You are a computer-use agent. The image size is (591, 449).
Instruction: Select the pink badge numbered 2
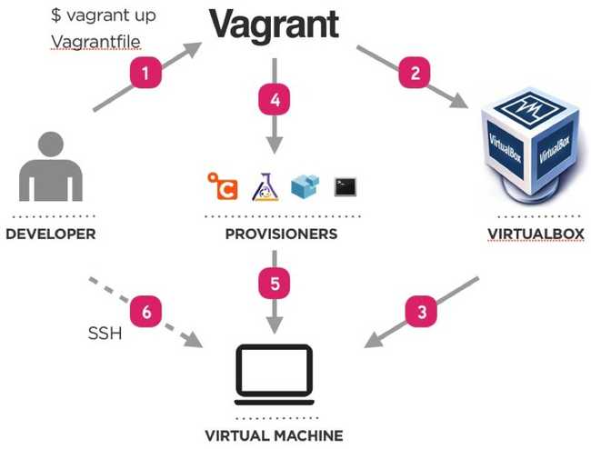click(415, 73)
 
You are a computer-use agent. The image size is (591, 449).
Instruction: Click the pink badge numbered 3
click(420, 312)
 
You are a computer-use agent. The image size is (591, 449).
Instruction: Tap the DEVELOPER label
click(51, 234)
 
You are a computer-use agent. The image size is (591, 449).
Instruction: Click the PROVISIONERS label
click(281, 234)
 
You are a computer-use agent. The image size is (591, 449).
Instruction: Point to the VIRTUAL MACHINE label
click(274, 435)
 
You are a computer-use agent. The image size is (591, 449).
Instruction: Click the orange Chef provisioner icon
click(223, 185)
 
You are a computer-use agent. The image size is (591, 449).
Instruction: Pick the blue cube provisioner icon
click(305, 185)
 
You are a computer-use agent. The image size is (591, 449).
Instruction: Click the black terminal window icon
click(345, 186)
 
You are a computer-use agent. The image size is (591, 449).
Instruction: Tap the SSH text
click(105, 334)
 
